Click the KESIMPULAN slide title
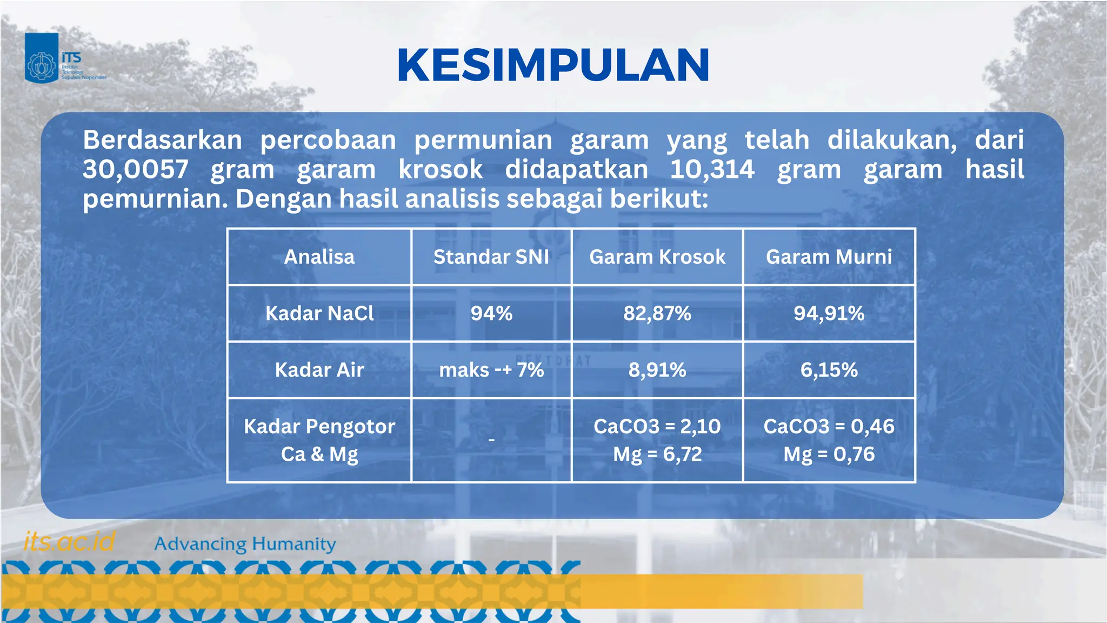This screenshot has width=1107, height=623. click(x=553, y=65)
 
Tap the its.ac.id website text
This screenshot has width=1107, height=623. click(x=69, y=541)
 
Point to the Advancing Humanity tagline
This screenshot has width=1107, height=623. click(x=245, y=544)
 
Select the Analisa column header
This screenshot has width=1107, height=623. click(x=319, y=257)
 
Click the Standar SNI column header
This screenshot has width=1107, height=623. click(x=491, y=257)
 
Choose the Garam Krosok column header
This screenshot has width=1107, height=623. click(x=657, y=257)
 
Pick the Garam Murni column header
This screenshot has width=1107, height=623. click(x=829, y=257)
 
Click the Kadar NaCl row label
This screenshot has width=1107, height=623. click(x=319, y=314)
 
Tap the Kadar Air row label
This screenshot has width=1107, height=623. click(x=319, y=370)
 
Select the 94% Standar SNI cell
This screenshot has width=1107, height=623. click(x=491, y=314)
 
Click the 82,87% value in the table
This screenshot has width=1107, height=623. click(x=657, y=314)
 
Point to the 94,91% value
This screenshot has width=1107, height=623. click(x=829, y=314)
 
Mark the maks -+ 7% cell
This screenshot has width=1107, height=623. click(x=491, y=370)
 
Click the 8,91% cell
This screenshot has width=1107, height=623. click(x=657, y=370)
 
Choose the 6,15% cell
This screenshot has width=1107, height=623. click(x=829, y=370)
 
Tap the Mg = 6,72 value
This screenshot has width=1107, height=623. click(x=657, y=454)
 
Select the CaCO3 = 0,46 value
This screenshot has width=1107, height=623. click(x=829, y=427)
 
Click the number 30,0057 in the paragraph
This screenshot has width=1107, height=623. click(x=136, y=169)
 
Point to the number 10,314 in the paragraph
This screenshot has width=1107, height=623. click(x=712, y=169)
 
